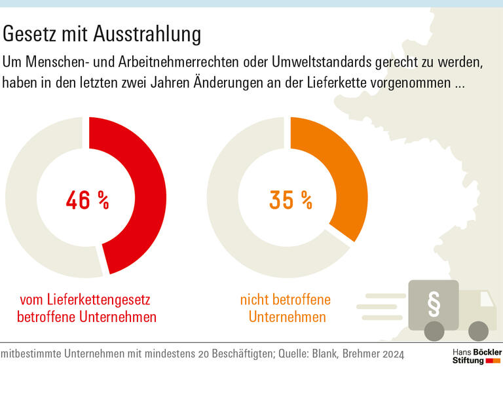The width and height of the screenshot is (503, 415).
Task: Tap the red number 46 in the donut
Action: (78, 200)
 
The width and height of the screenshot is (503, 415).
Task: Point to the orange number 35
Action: (282, 200)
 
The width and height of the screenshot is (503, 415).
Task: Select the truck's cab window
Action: (486, 300)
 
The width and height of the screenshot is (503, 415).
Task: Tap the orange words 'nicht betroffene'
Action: (285, 300)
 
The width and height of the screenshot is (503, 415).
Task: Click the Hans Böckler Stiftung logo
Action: (477, 356)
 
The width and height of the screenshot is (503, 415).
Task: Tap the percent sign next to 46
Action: (103, 200)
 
